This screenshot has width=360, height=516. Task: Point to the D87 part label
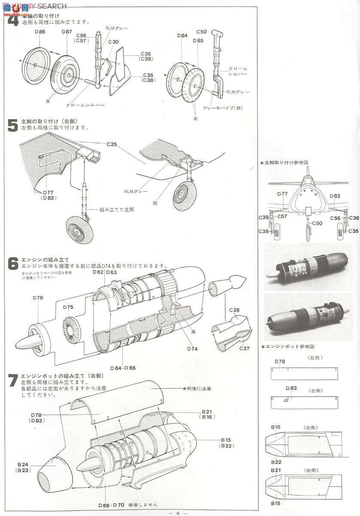[67, 32]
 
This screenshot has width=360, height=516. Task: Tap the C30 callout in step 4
[113, 42]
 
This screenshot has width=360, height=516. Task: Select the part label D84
[182, 36]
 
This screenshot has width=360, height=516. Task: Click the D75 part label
[68, 307]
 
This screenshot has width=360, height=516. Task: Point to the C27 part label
[244, 348]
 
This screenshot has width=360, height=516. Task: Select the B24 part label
[23, 465]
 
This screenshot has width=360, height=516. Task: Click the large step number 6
[13, 264]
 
